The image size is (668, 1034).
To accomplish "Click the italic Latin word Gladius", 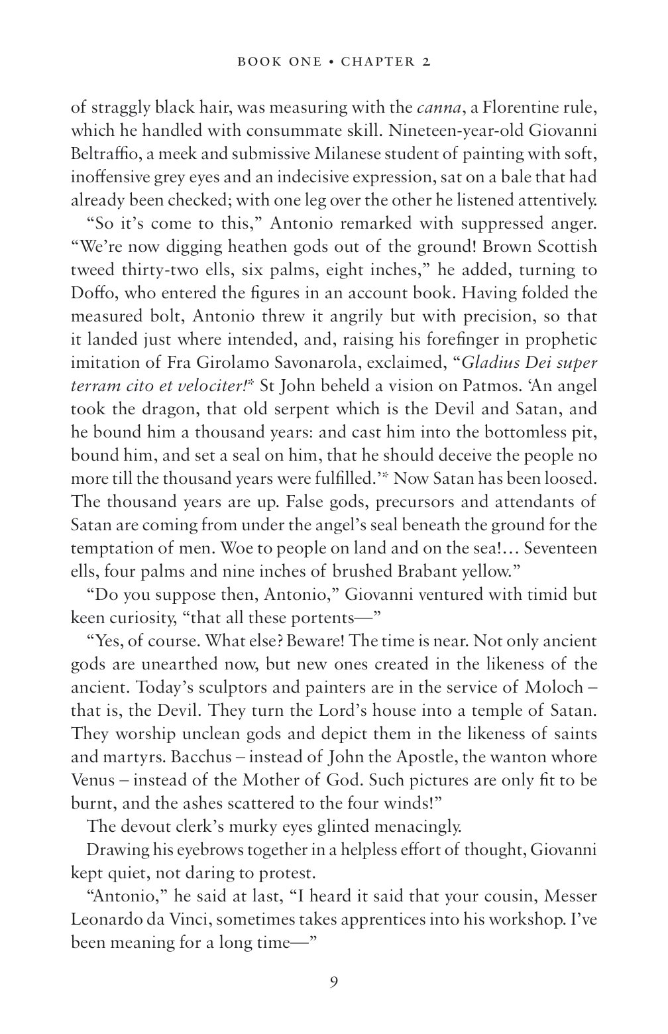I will point(488,363).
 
